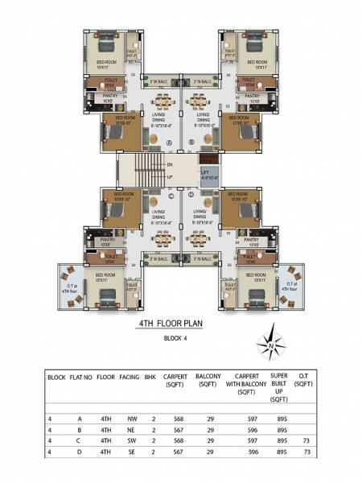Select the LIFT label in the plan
[x=208, y=171]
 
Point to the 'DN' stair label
[x=169, y=165]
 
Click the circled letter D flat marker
[x=191, y=196]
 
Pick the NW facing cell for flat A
[x=130, y=419]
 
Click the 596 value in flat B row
[x=241, y=430]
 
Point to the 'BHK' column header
[x=149, y=377]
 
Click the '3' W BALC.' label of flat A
[x=158, y=81]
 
